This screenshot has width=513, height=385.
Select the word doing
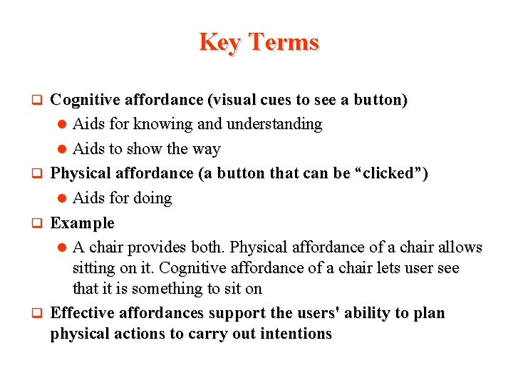tap(150, 198)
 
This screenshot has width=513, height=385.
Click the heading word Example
tap(82, 223)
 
